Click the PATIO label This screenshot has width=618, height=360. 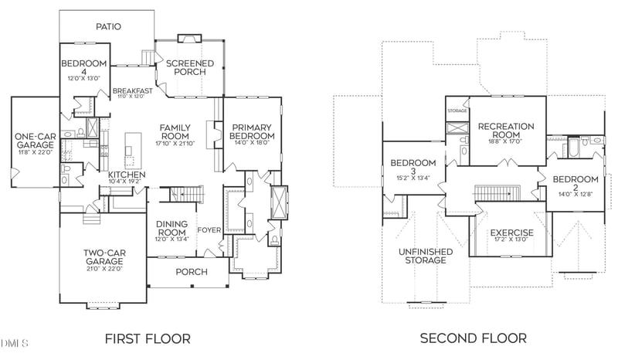pos(108,26)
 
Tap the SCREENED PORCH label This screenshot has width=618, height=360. pos(185,66)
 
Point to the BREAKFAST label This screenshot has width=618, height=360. pos(130,90)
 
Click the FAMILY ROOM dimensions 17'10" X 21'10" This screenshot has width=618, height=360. pos(175,143)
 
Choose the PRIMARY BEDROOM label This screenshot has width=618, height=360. pos(252,132)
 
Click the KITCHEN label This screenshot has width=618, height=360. pos(127,175)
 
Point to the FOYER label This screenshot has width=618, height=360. pos(209,229)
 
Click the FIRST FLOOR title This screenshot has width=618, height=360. pos(147,338)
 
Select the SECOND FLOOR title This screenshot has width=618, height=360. pos(473,338)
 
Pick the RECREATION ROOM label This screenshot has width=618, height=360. pos(506,130)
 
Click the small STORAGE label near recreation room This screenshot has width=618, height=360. pos(457,111)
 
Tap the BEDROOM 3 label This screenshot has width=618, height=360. pos(413,167)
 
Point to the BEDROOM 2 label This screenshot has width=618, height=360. pos(575,185)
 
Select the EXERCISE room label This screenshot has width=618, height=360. pos(512,233)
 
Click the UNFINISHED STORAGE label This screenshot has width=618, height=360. pos(423,256)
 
